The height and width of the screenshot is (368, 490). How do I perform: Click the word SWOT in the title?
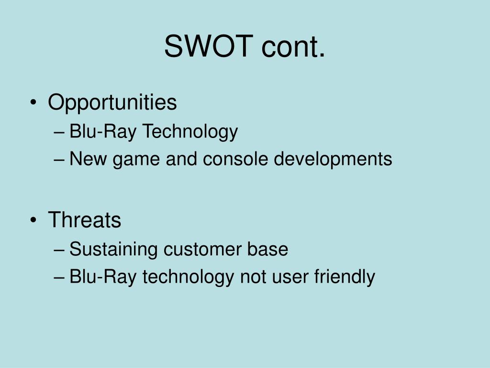(209, 46)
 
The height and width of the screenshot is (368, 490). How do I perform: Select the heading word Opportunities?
(112, 103)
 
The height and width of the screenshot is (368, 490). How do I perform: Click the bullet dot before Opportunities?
(33, 103)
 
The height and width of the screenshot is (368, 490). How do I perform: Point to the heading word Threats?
(84, 219)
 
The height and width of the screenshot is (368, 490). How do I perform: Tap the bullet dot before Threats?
(33, 220)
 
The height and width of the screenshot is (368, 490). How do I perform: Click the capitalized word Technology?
(190, 131)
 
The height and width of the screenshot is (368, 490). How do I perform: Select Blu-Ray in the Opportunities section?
(103, 131)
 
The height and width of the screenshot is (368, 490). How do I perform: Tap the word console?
(235, 158)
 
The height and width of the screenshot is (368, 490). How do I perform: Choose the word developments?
(333, 159)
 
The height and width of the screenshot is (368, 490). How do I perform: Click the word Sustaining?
(113, 250)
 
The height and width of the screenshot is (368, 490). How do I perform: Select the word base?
(268, 249)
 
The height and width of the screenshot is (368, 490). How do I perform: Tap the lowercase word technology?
(188, 277)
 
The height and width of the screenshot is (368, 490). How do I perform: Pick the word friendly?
(345, 276)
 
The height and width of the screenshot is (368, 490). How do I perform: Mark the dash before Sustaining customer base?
(59, 250)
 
